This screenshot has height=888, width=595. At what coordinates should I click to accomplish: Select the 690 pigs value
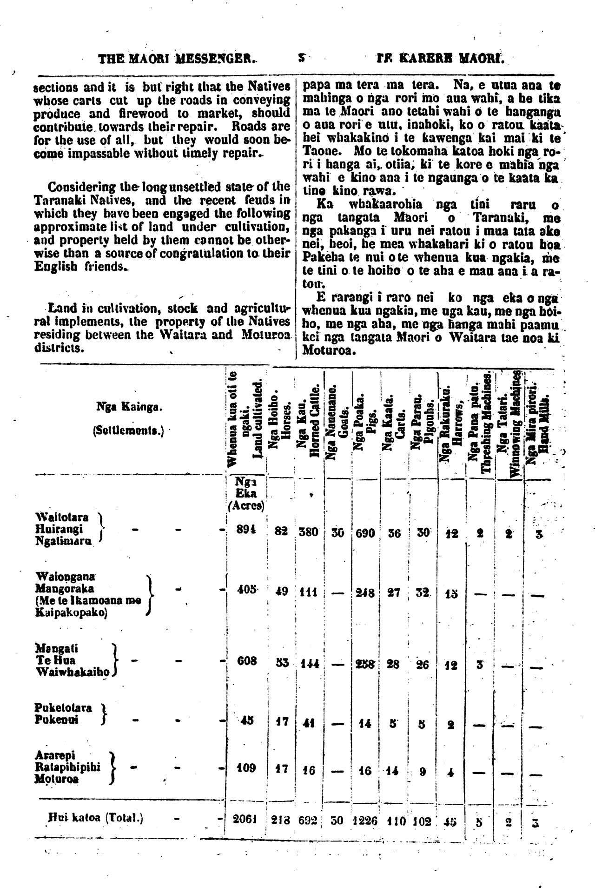(x=365, y=533)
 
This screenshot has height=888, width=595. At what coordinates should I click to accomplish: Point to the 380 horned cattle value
(x=308, y=531)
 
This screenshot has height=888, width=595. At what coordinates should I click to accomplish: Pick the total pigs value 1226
(x=366, y=821)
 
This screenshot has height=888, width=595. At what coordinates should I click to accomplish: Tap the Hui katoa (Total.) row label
(x=96, y=818)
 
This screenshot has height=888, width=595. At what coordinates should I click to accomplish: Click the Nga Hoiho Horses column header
(x=280, y=421)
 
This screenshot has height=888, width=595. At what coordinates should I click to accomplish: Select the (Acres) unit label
(x=246, y=506)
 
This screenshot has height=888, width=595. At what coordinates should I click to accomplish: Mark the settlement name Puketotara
(x=63, y=708)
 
